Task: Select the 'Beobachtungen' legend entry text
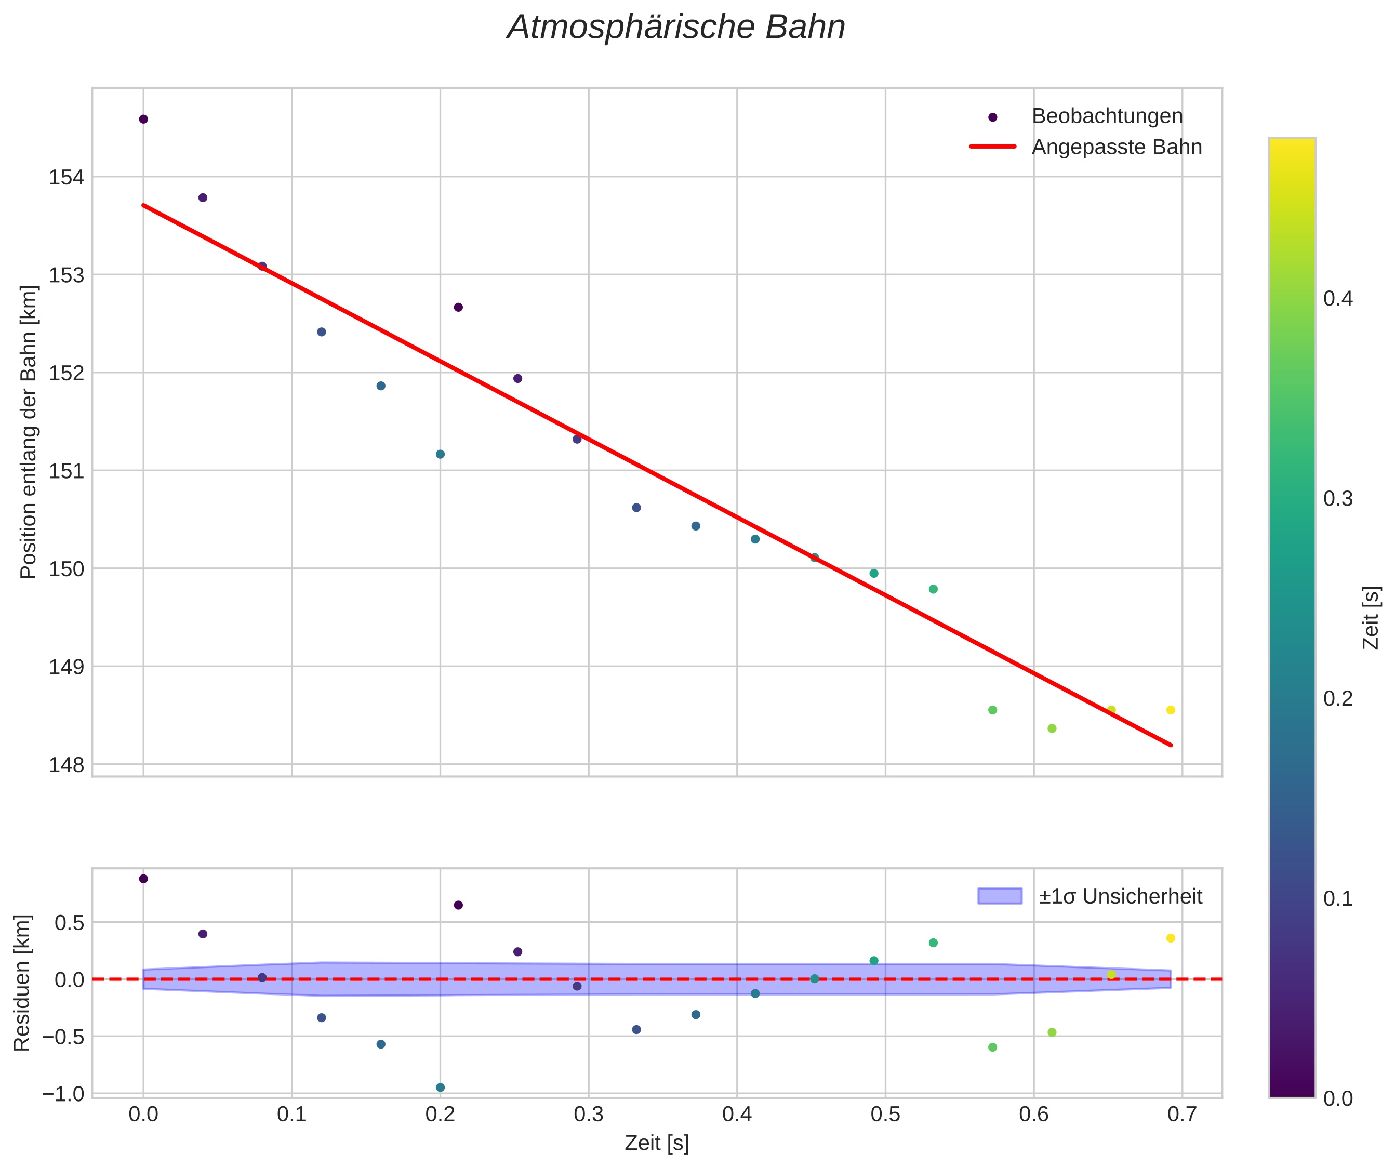click(1107, 116)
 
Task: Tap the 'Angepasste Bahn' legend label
click(1116, 147)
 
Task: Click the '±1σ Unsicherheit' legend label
click(1120, 897)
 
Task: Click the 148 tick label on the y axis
click(66, 765)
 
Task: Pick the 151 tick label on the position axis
click(66, 472)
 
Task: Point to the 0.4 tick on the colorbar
click(1338, 299)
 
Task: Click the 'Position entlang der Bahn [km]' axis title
click(29, 432)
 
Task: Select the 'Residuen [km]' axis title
click(22, 983)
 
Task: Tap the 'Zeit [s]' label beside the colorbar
click(1371, 618)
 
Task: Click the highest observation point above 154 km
click(143, 119)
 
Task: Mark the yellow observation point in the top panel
click(1171, 710)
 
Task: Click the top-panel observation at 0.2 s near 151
click(440, 454)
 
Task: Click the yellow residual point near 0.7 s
click(1171, 938)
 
